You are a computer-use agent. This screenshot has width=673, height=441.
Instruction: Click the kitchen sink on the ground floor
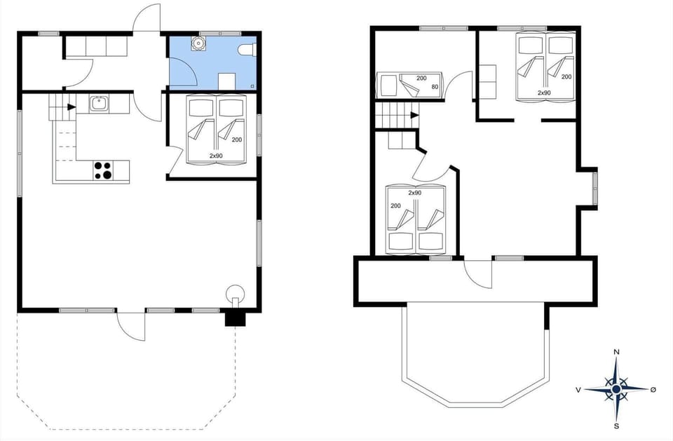(x=98, y=104)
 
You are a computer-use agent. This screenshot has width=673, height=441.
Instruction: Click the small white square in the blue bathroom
(x=226, y=80)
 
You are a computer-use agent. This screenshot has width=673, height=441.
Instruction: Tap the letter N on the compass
(x=616, y=352)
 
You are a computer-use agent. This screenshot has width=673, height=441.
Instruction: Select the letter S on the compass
(x=616, y=426)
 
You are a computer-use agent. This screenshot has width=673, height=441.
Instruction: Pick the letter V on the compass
(x=578, y=389)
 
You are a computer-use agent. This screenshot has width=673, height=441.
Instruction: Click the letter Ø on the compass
(x=653, y=389)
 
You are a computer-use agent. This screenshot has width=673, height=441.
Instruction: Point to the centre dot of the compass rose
(x=616, y=389)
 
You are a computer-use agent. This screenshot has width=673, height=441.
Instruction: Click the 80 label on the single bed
(x=435, y=87)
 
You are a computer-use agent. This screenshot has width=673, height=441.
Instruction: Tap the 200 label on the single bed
(x=421, y=78)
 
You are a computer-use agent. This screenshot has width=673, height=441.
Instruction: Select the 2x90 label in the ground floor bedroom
(x=217, y=155)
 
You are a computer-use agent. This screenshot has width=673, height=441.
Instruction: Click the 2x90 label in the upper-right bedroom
(x=545, y=93)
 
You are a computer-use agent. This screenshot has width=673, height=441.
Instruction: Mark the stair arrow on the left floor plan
(x=72, y=107)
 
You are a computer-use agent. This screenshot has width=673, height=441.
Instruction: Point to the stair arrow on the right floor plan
(x=414, y=115)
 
